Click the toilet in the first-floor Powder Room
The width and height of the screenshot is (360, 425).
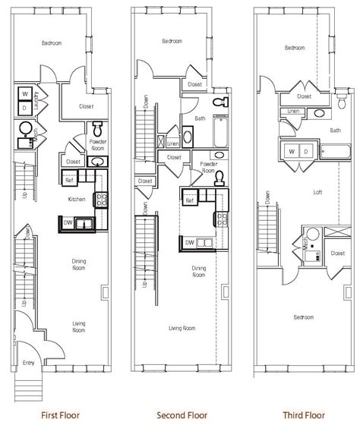(96, 127)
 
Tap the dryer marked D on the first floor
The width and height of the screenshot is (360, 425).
(25, 109)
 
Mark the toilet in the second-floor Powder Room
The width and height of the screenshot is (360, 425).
(219, 176)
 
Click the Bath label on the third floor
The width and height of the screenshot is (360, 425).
(335, 131)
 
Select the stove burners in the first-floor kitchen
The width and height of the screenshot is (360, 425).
(99, 200)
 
